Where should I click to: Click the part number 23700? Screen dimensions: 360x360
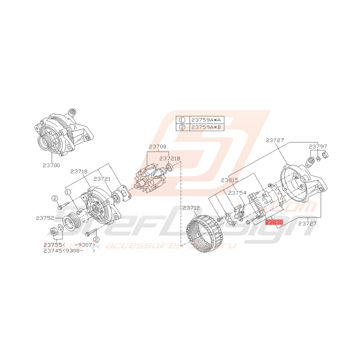pyautogui.click(x=51, y=165)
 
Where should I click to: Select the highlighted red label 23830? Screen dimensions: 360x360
pyautogui.click(x=274, y=222)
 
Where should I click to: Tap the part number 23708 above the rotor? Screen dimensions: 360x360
pyautogui.click(x=158, y=147)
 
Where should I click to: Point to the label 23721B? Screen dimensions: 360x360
pyautogui.click(x=170, y=159)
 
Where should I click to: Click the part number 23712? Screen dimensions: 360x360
pyautogui.click(x=191, y=208)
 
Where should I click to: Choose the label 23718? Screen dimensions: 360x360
pyautogui.click(x=79, y=171)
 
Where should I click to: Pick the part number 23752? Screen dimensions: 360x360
pyautogui.click(x=45, y=218)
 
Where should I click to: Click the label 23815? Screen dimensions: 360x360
pyautogui.click(x=230, y=180)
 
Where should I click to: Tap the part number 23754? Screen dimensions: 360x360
pyautogui.click(x=237, y=193)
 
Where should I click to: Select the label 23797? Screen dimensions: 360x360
pyautogui.click(x=318, y=147)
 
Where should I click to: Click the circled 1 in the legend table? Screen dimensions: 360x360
pyautogui.click(x=182, y=120)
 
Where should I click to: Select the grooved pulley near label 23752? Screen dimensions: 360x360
pyautogui.click(x=71, y=222)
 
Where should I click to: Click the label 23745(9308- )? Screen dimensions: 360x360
pyautogui.click(x=69, y=251)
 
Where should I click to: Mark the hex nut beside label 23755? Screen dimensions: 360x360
pyautogui.click(x=55, y=232)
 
